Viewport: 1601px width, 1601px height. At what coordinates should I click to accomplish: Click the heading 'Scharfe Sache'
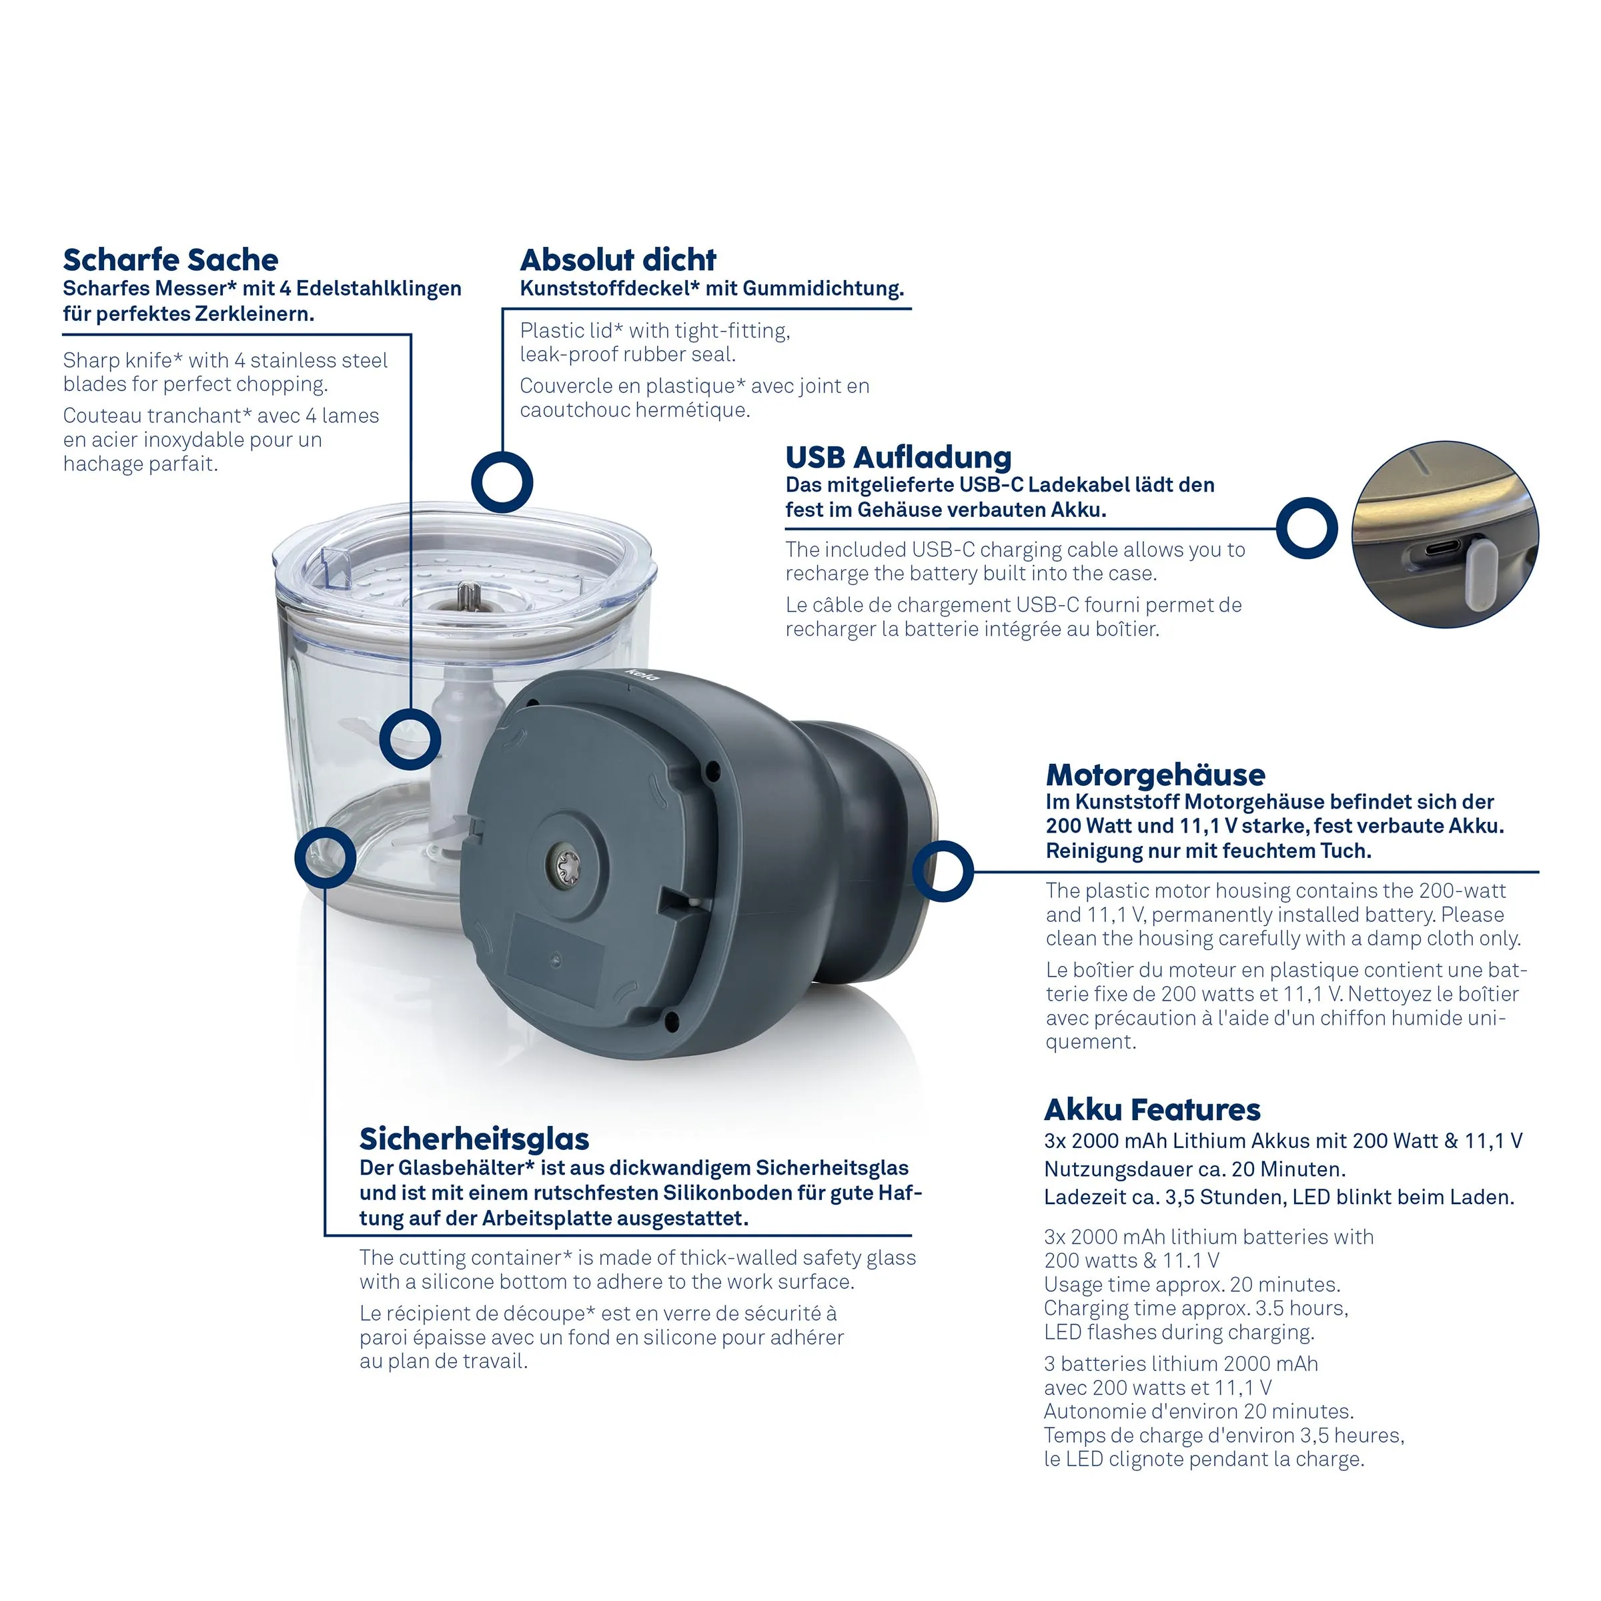coord(171,259)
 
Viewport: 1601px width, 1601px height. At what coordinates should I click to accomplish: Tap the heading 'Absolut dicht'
coord(618,259)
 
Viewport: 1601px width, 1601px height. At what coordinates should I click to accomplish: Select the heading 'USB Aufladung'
coord(899,458)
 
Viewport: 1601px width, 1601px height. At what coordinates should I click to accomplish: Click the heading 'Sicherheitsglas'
coord(474,1139)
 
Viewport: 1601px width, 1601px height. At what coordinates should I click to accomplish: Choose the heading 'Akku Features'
coord(1152,1109)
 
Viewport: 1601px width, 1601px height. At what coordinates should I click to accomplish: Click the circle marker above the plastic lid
coord(502,482)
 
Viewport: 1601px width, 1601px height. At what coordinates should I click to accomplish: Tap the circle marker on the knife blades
coord(410,738)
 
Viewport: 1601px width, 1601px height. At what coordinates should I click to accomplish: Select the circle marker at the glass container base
coord(326,858)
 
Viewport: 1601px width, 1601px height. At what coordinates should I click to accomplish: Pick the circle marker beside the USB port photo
coord(1307,528)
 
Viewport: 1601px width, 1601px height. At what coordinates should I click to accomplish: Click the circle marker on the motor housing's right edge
coord(943,871)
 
